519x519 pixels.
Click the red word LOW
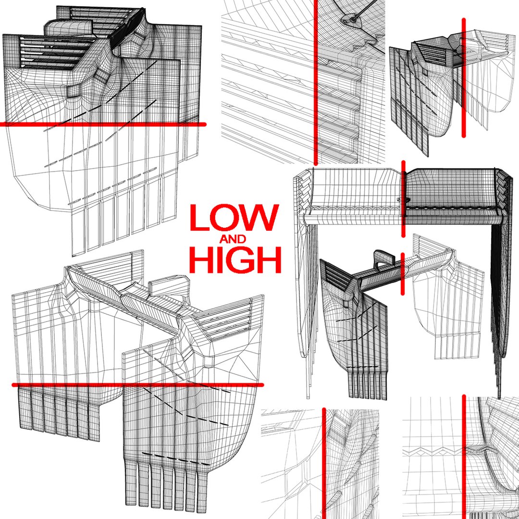pos(235,218)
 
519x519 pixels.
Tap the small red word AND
pos(233,239)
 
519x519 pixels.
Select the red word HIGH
pos(235,260)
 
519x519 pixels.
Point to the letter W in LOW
pos(261,218)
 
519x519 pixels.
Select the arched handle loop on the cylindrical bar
pos(384,257)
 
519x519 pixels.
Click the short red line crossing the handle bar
pos(403,274)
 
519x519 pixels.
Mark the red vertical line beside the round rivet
pos(315,82)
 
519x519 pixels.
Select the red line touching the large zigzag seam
pos(464,457)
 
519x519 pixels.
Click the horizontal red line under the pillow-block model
pos(103,124)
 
